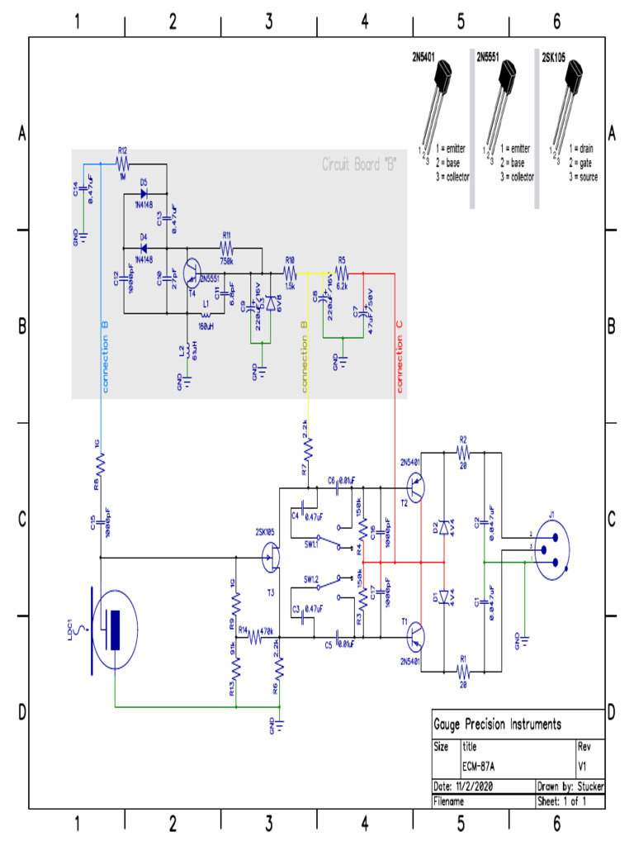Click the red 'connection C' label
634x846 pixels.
tap(400, 356)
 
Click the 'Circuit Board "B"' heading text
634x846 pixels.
tap(359, 164)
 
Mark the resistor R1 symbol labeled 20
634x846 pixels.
tap(463, 671)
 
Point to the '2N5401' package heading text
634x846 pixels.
tap(427, 59)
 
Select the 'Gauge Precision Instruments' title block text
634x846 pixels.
tap(498, 725)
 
